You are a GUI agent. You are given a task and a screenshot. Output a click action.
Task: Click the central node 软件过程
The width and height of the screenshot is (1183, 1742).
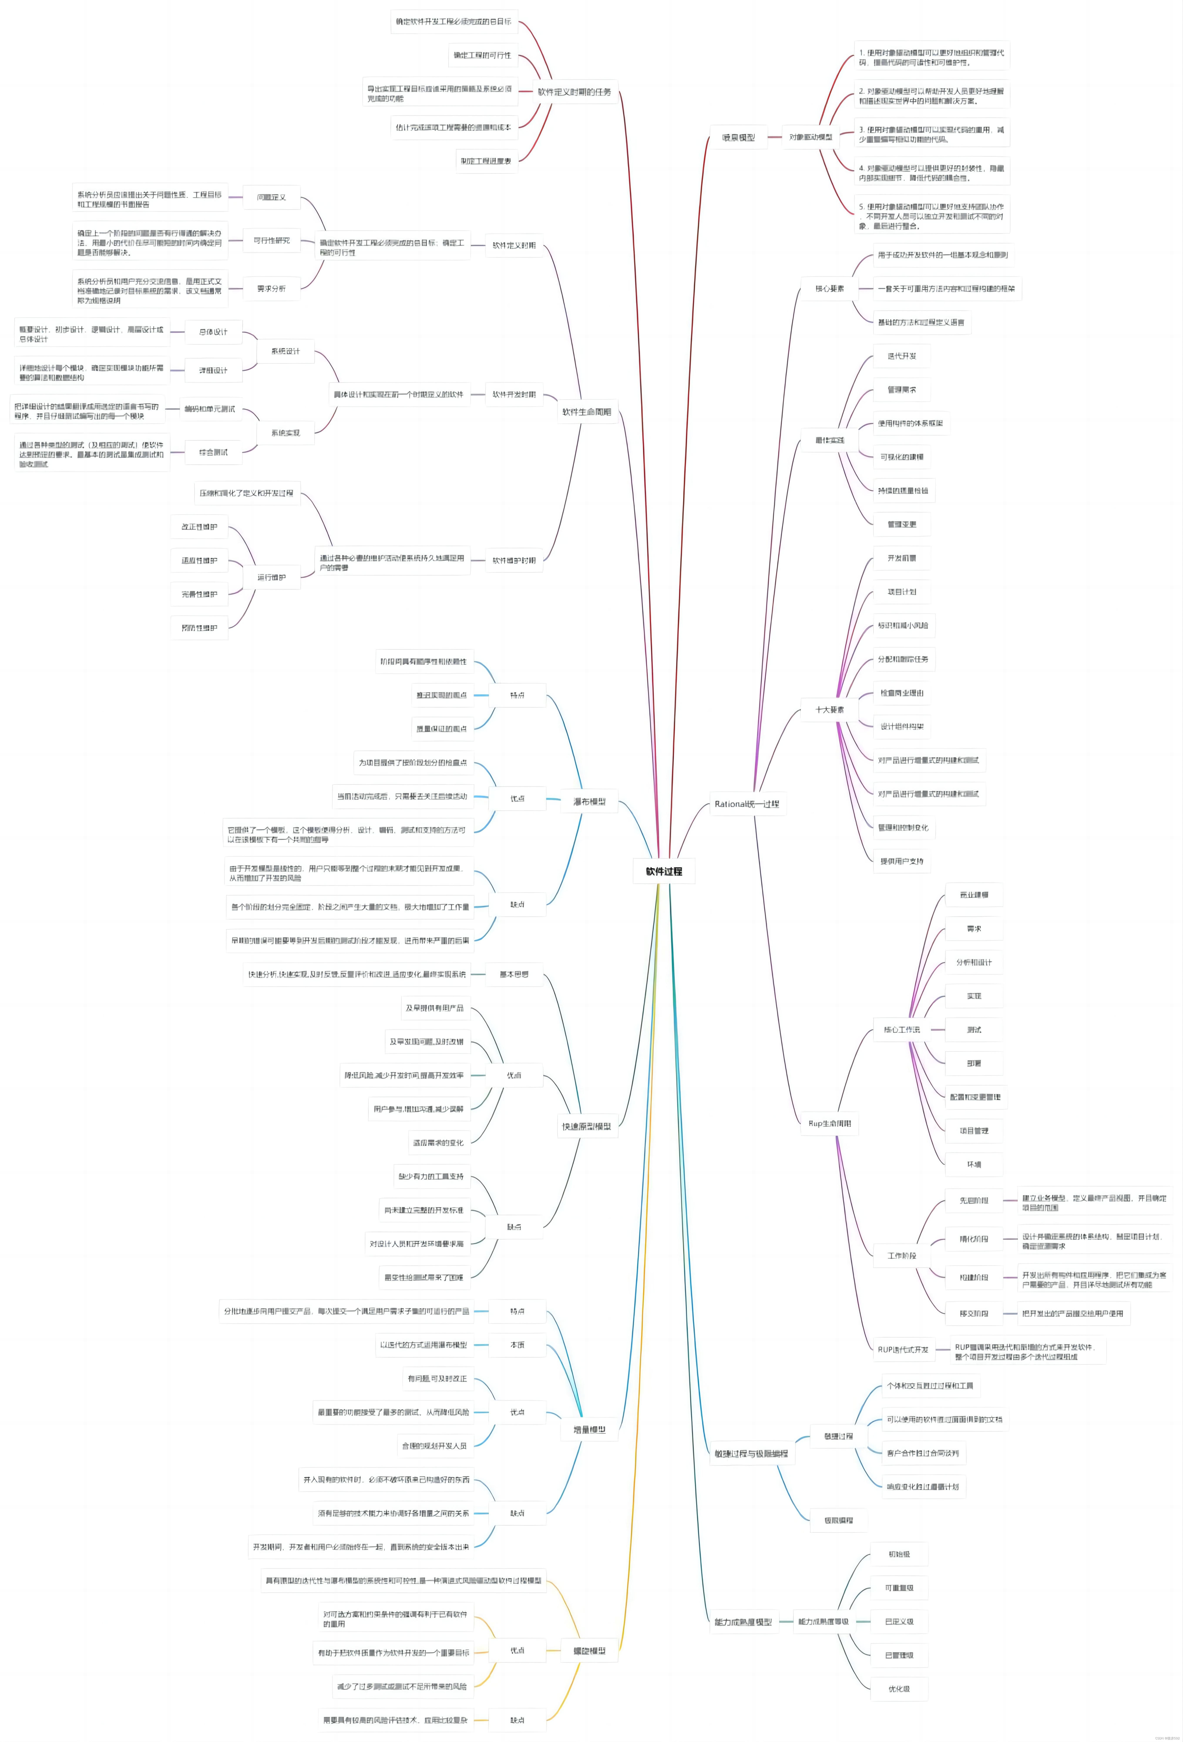664,871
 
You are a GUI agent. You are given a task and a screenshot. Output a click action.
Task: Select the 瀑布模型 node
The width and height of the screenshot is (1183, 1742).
590,801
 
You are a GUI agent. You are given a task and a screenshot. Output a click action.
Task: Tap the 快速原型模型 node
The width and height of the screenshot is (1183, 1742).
587,1126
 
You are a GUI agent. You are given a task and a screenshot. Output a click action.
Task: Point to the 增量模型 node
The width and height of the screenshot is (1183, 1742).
590,1430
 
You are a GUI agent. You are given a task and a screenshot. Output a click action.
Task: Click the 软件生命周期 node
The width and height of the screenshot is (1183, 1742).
587,412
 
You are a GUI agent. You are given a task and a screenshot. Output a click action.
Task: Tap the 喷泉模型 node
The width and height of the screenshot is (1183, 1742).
738,137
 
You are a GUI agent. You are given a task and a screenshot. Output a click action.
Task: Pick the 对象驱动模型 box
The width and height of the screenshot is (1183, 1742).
811,137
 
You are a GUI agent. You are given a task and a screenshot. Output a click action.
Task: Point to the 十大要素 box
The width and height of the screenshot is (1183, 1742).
829,709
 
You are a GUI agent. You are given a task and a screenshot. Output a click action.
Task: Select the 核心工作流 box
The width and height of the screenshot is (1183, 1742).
901,1029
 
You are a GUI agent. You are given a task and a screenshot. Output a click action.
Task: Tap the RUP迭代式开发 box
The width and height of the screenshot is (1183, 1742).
903,1349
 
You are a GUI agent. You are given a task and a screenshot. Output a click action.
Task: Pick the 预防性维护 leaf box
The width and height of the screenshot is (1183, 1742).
199,627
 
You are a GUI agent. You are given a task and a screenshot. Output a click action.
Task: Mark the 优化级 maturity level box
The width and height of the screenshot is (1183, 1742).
899,1689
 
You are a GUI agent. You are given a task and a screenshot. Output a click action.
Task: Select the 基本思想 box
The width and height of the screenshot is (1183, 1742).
514,974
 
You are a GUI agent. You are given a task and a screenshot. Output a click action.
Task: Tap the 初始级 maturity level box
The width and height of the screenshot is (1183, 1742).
899,1554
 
